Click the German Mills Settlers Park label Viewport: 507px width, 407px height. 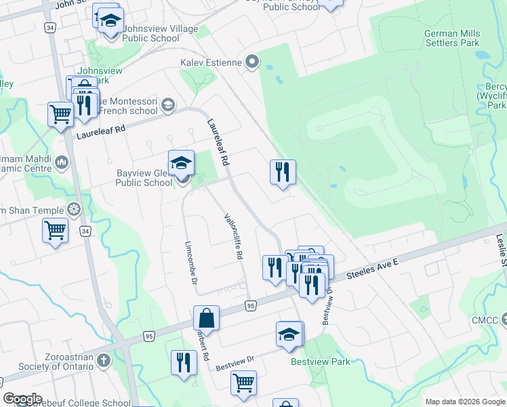(x=452, y=39)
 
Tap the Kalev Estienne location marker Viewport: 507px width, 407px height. (x=253, y=63)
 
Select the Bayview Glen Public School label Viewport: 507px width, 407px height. (x=144, y=178)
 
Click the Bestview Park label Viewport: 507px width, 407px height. (x=321, y=362)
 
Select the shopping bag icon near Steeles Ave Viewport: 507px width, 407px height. (x=206, y=319)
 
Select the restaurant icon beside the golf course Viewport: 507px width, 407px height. (x=283, y=172)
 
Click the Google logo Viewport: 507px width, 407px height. (x=22, y=399)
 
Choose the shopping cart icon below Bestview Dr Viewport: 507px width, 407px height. (x=243, y=383)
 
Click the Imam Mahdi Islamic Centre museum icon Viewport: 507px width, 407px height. (x=62, y=162)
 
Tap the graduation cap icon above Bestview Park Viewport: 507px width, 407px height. (x=289, y=334)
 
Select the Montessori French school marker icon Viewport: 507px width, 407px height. (x=167, y=105)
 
